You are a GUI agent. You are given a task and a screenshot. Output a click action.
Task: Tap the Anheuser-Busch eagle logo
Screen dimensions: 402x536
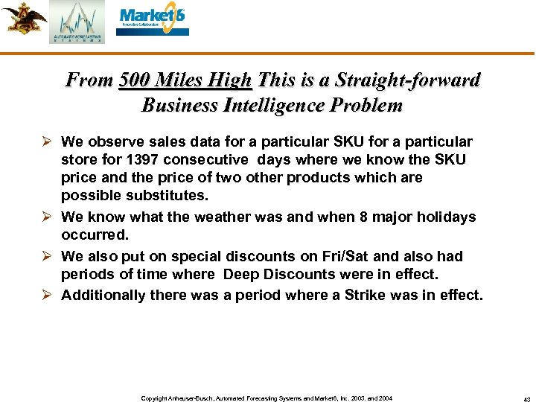pyautogui.click(x=23, y=18)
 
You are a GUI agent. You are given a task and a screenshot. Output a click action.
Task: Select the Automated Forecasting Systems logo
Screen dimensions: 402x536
pyautogui.click(x=77, y=22)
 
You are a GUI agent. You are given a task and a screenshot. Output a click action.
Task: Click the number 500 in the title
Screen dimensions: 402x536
pyautogui.click(x=134, y=80)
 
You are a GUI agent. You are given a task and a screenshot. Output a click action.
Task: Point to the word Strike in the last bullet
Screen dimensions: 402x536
pyautogui.click(x=357, y=295)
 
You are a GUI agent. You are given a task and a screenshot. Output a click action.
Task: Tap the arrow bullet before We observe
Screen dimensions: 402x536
pyautogui.click(x=48, y=141)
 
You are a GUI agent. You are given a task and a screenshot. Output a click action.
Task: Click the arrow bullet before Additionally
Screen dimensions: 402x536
pyautogui.click(x=48, y=295)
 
